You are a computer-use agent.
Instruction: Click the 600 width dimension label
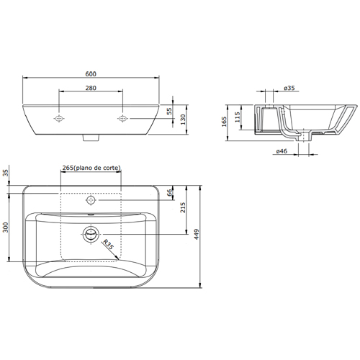coord(91,74)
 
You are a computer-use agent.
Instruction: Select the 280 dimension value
coord(91,88)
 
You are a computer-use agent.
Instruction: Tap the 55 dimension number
coord(169,111)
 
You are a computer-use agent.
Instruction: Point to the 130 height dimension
coord(183,120)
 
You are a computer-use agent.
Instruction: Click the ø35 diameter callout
coord(289,88)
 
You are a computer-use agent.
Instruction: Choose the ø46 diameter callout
coord(282,151)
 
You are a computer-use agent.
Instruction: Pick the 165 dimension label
coord(224,122)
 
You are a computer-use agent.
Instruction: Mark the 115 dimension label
coord(237,117)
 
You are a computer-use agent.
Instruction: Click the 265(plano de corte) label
coord(91,168)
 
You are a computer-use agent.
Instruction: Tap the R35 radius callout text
coord(108,244)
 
